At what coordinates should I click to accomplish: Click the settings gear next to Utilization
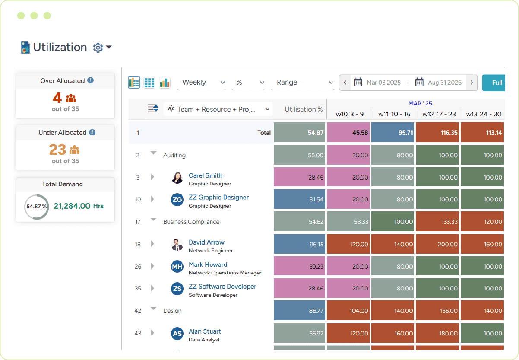(x=98, y=48)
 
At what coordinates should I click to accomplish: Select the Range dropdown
(x=302, y=83)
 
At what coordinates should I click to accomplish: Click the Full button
(x=495, y=83)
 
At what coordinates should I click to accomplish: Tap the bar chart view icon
(x=165, y=83)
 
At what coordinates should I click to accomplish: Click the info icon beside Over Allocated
(x=90, y=80)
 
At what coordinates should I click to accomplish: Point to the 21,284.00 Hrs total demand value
(x=79, y=206)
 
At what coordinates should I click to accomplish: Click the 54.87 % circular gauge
(x=36, y=207)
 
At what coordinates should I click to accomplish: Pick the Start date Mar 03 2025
(x=383, y=83)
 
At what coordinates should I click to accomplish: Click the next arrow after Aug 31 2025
(x=472, y=83)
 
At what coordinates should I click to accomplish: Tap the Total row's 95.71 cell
(x=393, y=133)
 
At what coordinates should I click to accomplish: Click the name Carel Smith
(x=206, y=175)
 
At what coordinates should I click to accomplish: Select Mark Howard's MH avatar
(x=177, y=267)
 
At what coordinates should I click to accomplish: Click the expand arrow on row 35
(x=152, y=288)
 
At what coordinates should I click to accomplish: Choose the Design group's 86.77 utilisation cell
(x=300, y=311)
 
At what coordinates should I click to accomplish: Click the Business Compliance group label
(x=191, y=222)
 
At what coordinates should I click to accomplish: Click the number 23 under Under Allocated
(x=57, y=150)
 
